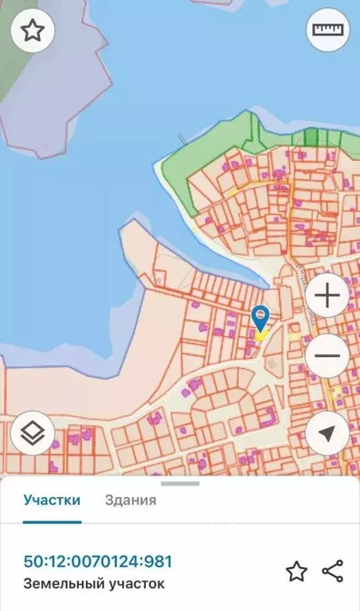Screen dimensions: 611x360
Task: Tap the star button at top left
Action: click(x=32, y=32)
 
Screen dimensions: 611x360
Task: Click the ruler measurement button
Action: click(x=327, y=32)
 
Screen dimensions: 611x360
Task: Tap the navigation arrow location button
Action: click(x=327, y=433)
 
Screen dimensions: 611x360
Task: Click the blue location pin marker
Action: click(x=260, y=318)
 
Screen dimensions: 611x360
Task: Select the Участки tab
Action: click(x=52, y=500)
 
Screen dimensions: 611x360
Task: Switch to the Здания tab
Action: click(x=131, y=500)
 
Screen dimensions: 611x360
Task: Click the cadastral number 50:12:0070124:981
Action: click(x=98, y=562)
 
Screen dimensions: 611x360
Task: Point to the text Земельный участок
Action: click(x=94, y=584)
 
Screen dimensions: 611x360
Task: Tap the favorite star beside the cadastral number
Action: click(x=296, y=571)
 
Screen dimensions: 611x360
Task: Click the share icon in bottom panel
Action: click(x=332, y=571)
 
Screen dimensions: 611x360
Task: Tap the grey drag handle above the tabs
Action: click(x=180, y=483)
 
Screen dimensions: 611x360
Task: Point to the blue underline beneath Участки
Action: click(x=52, y=522)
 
